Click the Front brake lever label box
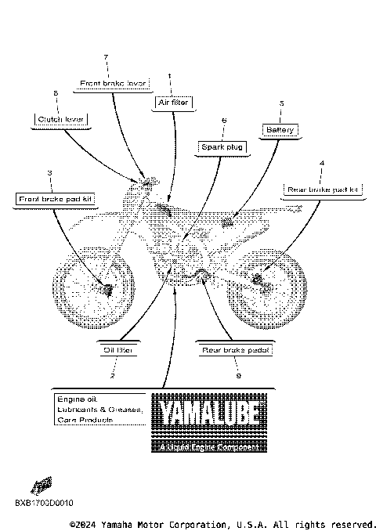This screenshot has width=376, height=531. tap(114, 81)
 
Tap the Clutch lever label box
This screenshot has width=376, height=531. tap(60, 119)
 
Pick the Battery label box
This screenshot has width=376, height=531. tap(280, 129)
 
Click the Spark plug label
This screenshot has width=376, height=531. tap(223, 146)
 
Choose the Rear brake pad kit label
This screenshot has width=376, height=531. tap(321, 190)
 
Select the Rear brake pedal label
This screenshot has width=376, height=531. tap(236, 350)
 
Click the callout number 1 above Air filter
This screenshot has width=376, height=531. tap(169, 76)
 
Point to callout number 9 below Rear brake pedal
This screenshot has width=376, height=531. tap(237, 376)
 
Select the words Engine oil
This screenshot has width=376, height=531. tap(74, 399)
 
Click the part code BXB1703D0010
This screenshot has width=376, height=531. tap(43, 502)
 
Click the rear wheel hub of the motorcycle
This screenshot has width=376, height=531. tap(259, 278)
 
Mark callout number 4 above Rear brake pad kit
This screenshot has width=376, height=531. tap(321, 164)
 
